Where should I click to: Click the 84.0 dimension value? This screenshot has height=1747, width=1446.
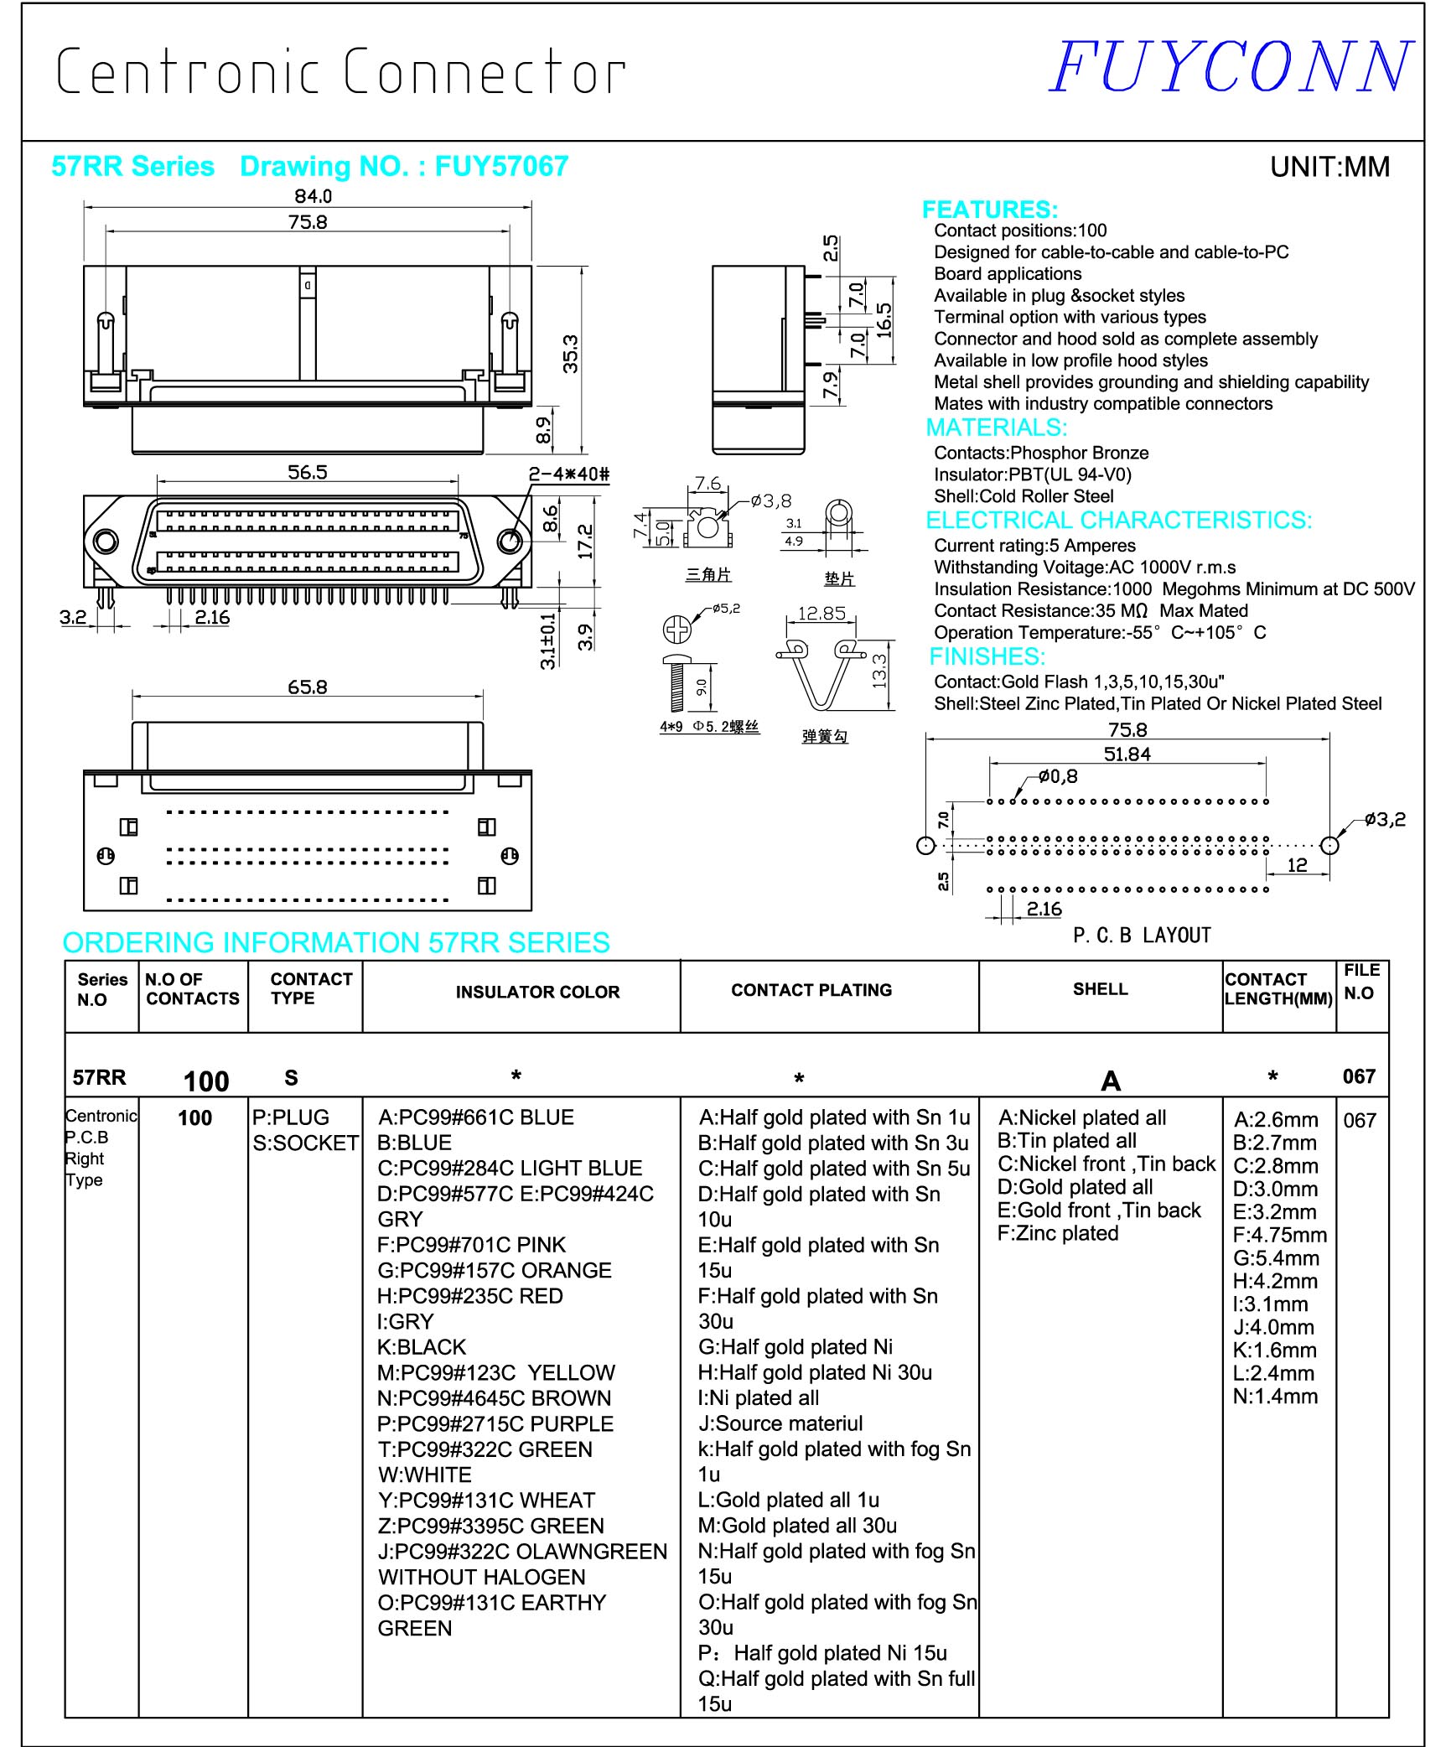[x=313, y=196]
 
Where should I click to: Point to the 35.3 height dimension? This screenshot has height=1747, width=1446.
[x=570, y=353]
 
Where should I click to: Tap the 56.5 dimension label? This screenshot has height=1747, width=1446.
[x=308, y=473]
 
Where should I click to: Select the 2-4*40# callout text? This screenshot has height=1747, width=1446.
[x=568, y=474]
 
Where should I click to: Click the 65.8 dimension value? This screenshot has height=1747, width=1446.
[x=308, y=687]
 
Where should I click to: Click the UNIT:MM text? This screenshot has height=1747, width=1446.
[x=1329, y=167]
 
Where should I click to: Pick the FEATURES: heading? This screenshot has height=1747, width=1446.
[x=989, y=210]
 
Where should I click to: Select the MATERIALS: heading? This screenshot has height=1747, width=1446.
[x=996, y=428]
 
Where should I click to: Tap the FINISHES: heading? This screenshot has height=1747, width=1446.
[x=987, y=656]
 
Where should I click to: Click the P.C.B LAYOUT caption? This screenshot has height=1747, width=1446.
[x=1142, y=935]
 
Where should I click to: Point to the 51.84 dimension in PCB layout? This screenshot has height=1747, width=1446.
[x=1127, y=754]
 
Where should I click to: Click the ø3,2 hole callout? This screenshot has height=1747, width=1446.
[x=1385, y=819]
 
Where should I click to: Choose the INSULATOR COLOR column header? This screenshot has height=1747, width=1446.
[x=537, y=993]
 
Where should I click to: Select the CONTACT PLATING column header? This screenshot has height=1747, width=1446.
[x=811, y=990]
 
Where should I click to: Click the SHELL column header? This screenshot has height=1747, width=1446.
[x=1100, y=989]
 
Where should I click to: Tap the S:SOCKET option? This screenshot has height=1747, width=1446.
[x=306, y=1143]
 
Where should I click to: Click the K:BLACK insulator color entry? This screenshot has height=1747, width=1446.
[x=422, y=1347]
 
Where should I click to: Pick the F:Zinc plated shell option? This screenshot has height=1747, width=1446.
[x=1058, y=1233]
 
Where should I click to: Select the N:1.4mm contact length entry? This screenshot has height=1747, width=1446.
[x=1275, y=1397]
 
